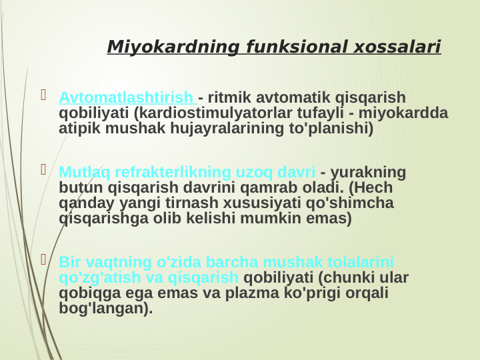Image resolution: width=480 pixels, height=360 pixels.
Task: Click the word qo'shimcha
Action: (353, 203)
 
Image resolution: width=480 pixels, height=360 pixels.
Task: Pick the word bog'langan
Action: (103, 308)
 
